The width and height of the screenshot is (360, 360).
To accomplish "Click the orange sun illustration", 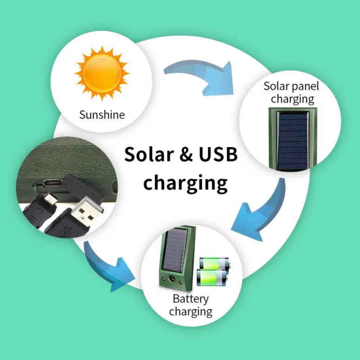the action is pos(102,73).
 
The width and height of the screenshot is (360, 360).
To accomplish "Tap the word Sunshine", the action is pos(102,114).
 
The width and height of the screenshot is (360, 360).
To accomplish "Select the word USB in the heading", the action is pos(218,154).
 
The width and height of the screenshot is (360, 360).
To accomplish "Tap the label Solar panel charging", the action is pos(291,92).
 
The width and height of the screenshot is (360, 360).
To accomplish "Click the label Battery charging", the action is pos(190,305).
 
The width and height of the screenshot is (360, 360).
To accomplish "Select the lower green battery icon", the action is pos(212,278).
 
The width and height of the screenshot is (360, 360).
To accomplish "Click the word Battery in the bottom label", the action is pos(190,298).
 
